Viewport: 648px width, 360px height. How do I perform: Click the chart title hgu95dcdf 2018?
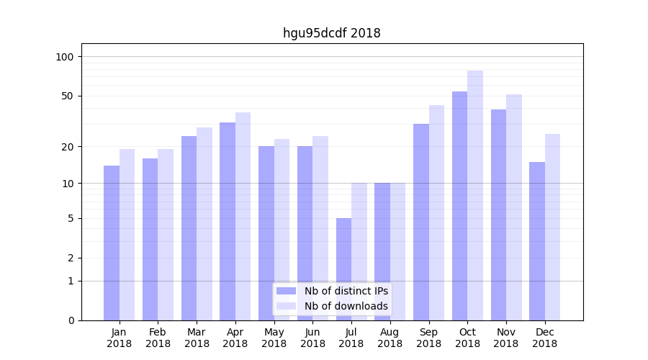coord(331,33)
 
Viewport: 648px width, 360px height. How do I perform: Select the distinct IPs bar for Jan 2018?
coord(112,243)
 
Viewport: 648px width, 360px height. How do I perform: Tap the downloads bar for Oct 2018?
coord(475,195)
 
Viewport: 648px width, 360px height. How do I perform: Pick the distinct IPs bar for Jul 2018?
coord(343,269)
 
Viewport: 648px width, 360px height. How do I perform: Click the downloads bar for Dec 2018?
coord(552,227)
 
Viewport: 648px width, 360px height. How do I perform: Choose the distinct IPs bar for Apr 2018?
coord(228,221)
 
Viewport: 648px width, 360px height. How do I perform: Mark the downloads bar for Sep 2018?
coord(436,212)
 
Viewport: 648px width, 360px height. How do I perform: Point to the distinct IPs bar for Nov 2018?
coord(498,215)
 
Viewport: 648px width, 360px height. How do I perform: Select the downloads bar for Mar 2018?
coord(204,224)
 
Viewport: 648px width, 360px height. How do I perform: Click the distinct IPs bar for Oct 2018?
coord(459,206)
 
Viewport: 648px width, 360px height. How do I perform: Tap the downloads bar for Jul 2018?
coord(359,251)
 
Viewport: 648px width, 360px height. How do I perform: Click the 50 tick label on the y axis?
coord(68,96)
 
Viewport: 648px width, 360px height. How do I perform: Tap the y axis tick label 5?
coord(71,218)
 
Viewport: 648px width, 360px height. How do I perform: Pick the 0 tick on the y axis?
coord(71,320)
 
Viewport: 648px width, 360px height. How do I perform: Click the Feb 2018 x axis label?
coord(158,338)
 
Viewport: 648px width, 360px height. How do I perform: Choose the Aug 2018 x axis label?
coord(390,338)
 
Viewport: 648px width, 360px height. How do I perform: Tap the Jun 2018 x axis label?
coord(312,338)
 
